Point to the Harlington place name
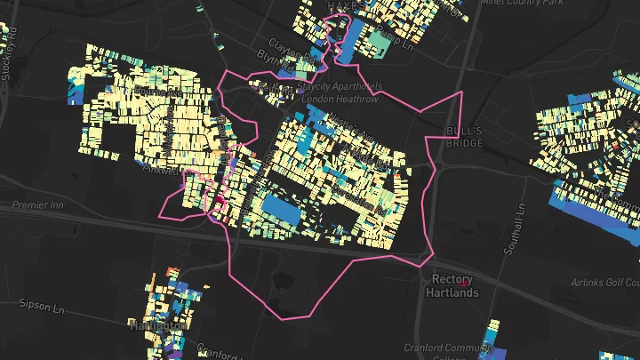pyautogui.click(x=158, y=326)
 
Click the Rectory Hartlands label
pyautogui.click(x=452, y=285)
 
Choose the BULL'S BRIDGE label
pyautogui.click(x=463, y=137)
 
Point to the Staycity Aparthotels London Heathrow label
pyautogui.click(x=341, y=92)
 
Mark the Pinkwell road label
pyautogui.click(x=160, y=170)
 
